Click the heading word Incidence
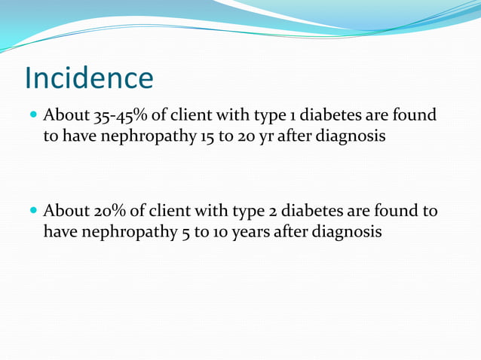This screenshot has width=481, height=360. point(89,78)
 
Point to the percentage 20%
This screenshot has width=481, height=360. point(111,212)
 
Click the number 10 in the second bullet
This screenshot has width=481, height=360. point(208,232)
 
